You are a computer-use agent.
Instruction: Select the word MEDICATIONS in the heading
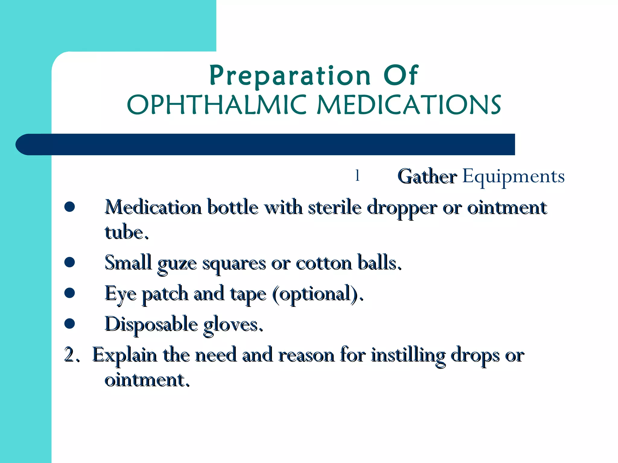click(x=409, y=105)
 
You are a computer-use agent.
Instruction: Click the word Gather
click(x=427, y=177)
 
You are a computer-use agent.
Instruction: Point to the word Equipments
click(x=513, y=177)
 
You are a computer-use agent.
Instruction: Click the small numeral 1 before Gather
click(x=357, y=175)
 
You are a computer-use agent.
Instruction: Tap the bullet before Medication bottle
click(x=70, y=207)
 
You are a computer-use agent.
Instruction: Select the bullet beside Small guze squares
click(x=70, y=262)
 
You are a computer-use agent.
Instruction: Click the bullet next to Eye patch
click(x=70, y=293)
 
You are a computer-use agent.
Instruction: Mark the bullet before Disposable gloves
click(x=70, y=323)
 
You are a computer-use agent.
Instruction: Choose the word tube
click(x=126, y=233)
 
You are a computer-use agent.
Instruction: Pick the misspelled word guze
click(x=177, y=263)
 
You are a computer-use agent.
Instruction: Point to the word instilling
click(x=408, y=356)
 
